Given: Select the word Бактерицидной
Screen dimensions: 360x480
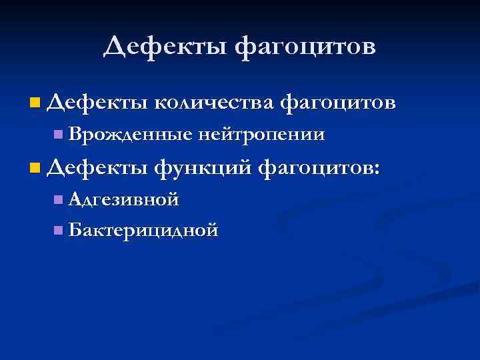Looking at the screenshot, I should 143,231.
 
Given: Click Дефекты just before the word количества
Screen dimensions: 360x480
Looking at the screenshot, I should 98,103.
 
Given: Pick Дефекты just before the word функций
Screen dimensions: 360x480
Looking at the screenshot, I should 98,167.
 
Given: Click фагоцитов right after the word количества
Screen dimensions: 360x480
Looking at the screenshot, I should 338,103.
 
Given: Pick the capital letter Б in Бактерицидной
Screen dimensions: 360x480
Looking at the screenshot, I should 74,231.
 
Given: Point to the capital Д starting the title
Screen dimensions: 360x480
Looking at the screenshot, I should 115,46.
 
